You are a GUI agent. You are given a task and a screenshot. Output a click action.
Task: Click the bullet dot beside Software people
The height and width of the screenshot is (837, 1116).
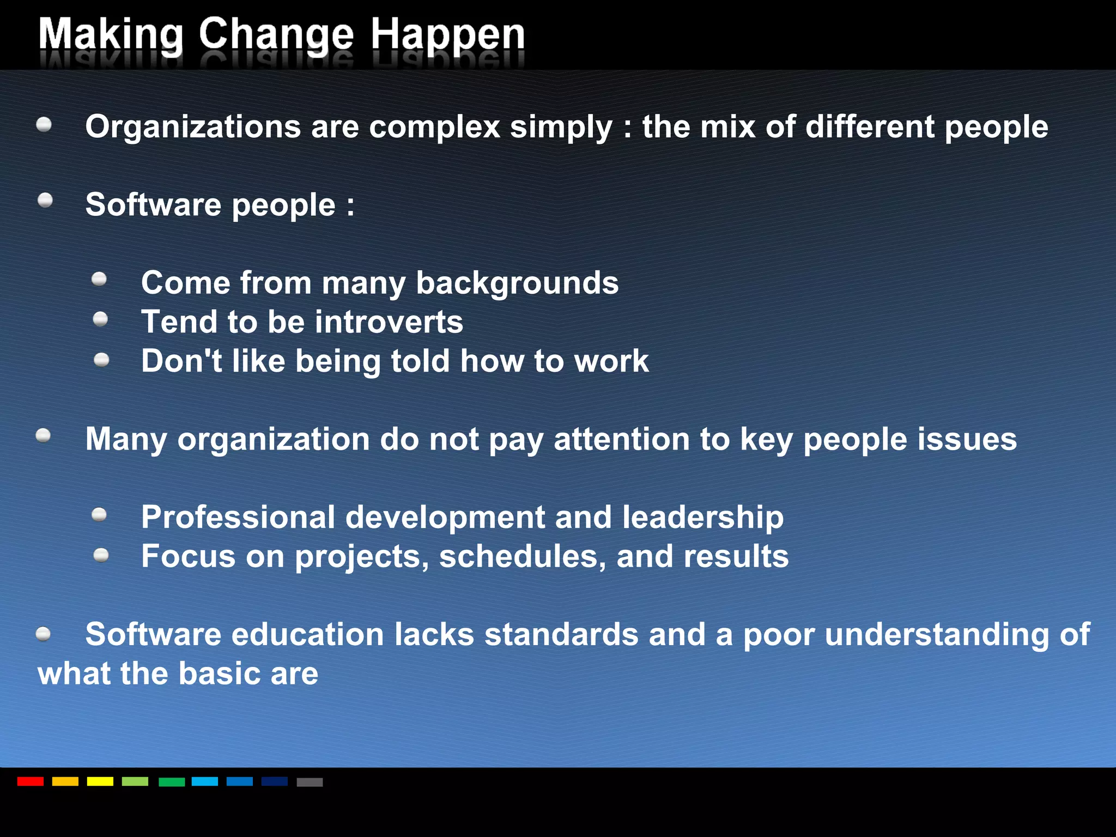45,201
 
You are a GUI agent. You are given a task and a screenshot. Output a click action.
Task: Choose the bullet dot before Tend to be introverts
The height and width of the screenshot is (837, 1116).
100,319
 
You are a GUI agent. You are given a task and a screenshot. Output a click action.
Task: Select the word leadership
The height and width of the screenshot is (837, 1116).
702,517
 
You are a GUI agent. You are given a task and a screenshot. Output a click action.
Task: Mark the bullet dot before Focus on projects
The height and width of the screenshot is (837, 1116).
101,555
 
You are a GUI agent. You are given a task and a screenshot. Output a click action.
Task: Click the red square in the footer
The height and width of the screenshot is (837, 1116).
31,781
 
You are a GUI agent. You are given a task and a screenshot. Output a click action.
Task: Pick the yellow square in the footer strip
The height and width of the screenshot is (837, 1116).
100,781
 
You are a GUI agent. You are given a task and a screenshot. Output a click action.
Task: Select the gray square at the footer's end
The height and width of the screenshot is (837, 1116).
310,782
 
